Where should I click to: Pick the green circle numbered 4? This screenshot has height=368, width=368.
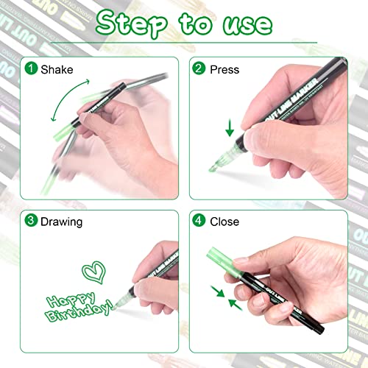point(199,221)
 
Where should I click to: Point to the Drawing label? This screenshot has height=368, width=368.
point(62,221)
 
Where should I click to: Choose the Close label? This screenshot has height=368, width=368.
point(225,221)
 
